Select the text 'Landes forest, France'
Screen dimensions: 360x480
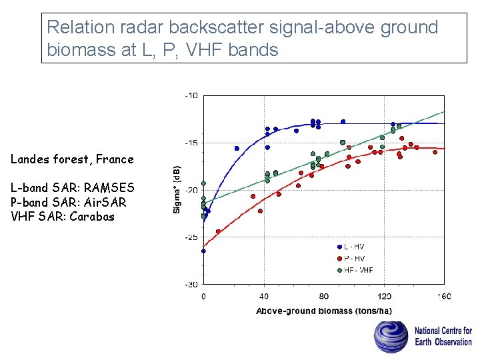tap(72, 159)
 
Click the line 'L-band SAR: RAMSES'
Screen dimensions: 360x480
tap(72, 188)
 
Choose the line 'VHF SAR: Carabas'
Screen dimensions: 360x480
tap(63, 217)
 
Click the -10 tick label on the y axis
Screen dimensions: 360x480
tap(191, 95)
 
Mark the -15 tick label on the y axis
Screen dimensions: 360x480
tap(191, 143)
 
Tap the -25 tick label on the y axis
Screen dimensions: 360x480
tap(191, 237)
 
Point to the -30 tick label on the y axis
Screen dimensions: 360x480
tap(191, 285)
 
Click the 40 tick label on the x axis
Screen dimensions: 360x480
tap(263, 296)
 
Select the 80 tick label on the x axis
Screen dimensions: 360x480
tap(324, 296)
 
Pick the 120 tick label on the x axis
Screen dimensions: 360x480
tap(385, 296)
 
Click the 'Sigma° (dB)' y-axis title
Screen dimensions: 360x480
tap(177, 189)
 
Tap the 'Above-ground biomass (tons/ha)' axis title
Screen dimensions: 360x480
tap(324, 311)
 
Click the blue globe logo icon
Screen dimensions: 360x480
tap(391, 337)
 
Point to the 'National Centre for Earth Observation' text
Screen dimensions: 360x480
tap(443, 336)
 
